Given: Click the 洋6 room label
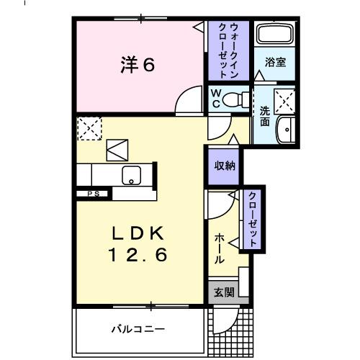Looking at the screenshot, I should tap(136, 65).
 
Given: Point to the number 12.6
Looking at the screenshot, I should tap(140, 254).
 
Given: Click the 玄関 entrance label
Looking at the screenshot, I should tap(223, 293).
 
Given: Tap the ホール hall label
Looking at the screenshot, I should tap(219, 248).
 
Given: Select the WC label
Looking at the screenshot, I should tap(215, 98).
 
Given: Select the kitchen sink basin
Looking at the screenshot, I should tap(132, 175).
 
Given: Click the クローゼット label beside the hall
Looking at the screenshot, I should tap(253, 219).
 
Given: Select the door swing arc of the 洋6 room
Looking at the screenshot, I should tap(189, 100).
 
